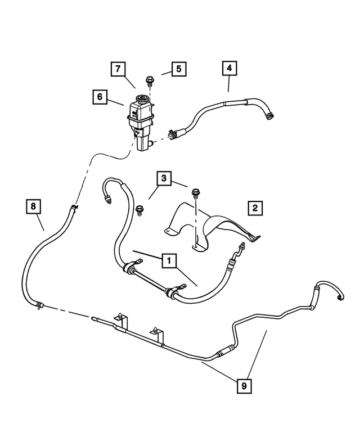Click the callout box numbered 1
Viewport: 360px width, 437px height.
(x=168, y=260)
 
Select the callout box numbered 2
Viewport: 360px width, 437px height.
(x=255, y=208)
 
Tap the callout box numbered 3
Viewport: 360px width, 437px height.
(x=164, y=179)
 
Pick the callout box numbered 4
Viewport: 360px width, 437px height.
(x=229, y=69)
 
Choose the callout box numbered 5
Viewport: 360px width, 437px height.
(x=178, y=70)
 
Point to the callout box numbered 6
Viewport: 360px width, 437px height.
(x=100, y=97)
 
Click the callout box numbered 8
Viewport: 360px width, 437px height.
(x=34, y=207)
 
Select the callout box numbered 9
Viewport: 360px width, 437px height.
(x=244, y=386)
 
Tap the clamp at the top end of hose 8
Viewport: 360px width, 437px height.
(x=73, y=209)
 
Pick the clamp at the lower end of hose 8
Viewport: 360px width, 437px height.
(x=39, y=305)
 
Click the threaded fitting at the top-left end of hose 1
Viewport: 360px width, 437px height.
(x=107, y=199)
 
